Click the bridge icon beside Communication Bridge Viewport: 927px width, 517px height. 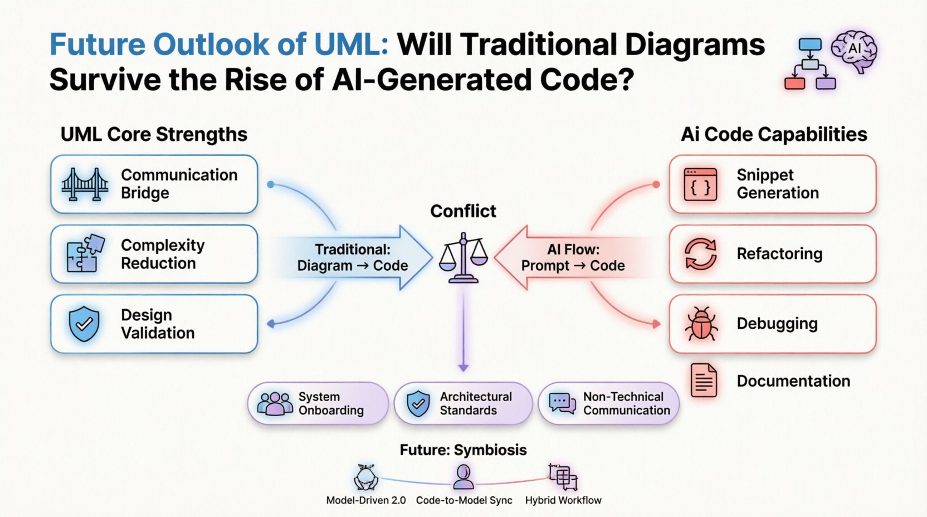85,184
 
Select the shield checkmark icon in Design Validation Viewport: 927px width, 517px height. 84,324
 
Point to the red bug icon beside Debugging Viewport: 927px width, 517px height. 701,324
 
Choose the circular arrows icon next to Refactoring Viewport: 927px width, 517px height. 701,254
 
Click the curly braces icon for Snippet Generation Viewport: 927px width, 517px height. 700,184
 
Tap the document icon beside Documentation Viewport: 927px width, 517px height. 704,381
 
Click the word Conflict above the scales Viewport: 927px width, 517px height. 463,211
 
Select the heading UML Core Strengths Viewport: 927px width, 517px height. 154,134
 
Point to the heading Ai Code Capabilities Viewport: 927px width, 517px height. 774,134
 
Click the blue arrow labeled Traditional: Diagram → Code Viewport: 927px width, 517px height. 352,257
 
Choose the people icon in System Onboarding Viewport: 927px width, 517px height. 275,403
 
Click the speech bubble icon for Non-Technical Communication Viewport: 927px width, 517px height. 562,403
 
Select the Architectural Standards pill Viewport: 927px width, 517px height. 463,403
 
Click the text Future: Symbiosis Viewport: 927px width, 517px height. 463,450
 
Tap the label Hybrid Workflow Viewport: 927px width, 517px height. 563,500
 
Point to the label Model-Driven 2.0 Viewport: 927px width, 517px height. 366,500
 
